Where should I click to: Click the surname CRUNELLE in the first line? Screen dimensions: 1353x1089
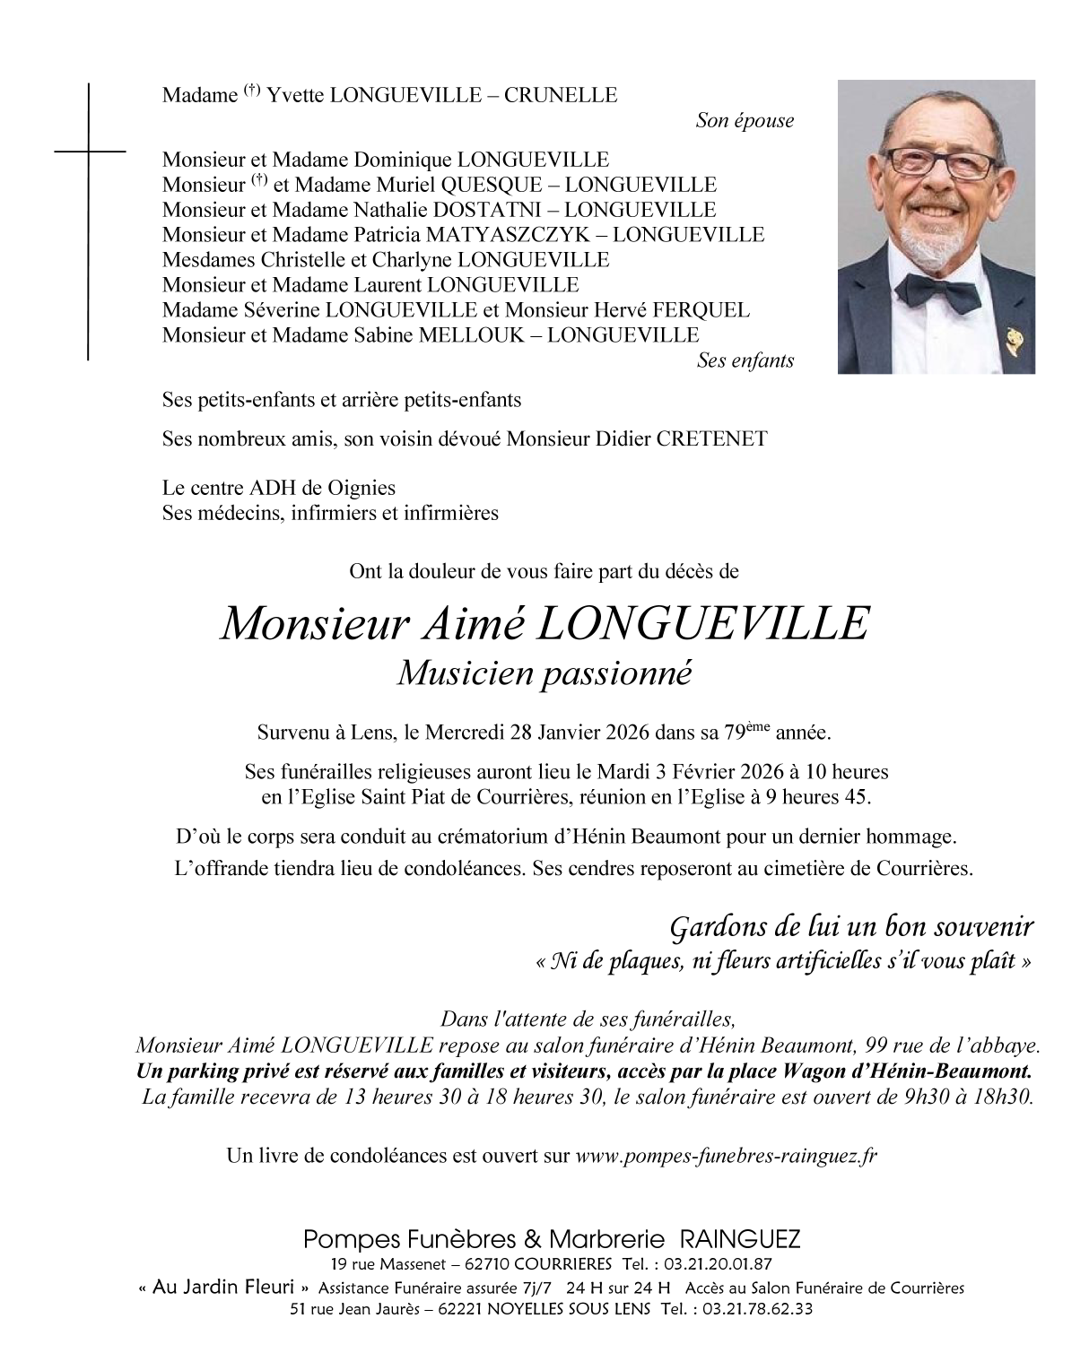coord(561,96)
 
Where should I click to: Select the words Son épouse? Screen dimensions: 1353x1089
coord(745,121)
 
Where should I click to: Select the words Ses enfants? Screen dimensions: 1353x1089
coord(745,360)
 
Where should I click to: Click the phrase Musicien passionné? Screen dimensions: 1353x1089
coord(544,672)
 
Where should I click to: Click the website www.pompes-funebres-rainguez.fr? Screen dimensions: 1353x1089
coord(725,1156)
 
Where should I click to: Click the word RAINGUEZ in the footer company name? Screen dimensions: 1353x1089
coord(741,1240)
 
